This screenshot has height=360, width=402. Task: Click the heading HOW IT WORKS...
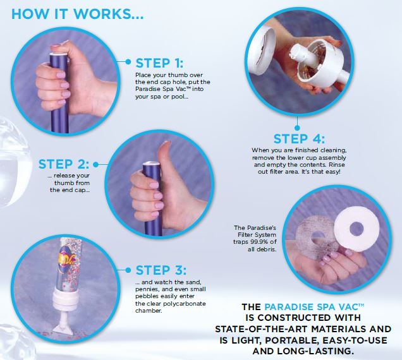pyautogui.click(x=77, y=14)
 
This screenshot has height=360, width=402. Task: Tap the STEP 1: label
pyautogui.click(x=159, y=63)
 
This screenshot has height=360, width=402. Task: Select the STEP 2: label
pyautogui.click(x=64, y=164)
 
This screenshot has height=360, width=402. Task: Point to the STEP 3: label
pyautogui.click(x=161, y=270)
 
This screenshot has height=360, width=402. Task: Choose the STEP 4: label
pyautogui.click(x=299, y=139)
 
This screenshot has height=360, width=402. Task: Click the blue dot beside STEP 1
pyautogui.click(x=128, y=62)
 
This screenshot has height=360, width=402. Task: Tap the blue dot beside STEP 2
pyautogui.click(x=95, y=164)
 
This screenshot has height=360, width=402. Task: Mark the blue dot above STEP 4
pyautogui.click(x=297, y=128)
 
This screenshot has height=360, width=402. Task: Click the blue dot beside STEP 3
pyautogui.click(x=128, y=270)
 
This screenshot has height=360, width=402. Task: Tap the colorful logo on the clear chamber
pyautogui.click(x=66, y=258)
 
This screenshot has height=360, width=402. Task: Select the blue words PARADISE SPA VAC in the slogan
pyautogui.click(x=314, y=307)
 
